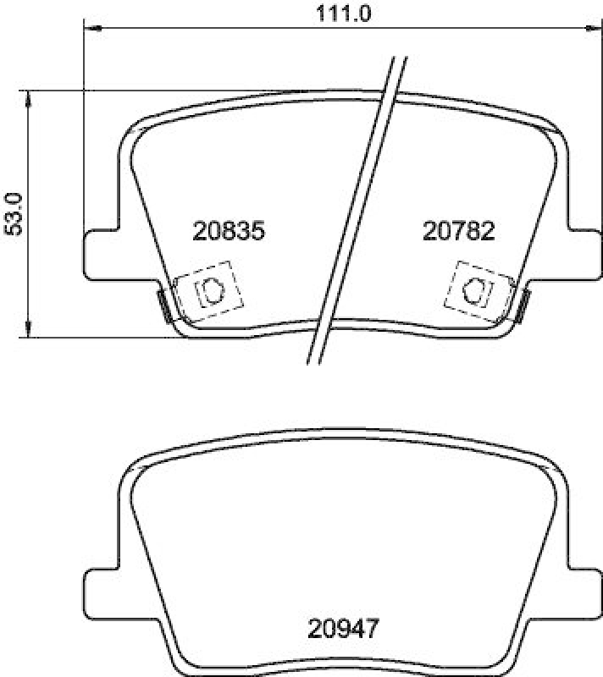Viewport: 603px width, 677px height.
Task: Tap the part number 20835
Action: tap(229, 230)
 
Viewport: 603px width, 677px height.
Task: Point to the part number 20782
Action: tap(457, 230)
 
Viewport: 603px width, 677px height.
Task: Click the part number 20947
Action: tap(342, 629)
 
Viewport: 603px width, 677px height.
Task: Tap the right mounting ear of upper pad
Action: tap(584, 253)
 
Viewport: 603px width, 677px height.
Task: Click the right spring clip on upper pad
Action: tap(522, 305)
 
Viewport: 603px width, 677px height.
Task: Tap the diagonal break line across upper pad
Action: tap(356, 212)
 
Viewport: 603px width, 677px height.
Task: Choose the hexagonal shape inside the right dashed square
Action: tap(475, 290)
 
